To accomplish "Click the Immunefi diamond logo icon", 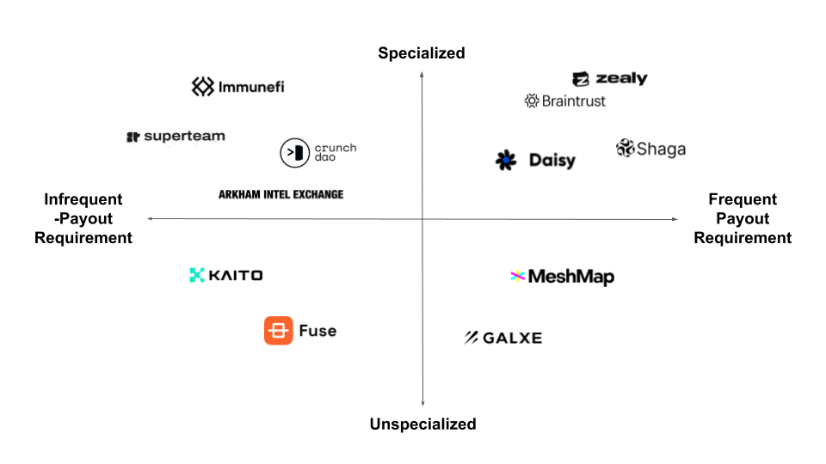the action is (203, 87).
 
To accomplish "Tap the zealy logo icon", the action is (581, 79).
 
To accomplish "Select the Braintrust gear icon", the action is (532, 101).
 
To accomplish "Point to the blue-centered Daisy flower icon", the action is (506, 160).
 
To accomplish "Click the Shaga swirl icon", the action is (625, 148).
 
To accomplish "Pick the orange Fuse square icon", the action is (279, 330).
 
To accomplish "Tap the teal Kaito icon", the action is (196, 275).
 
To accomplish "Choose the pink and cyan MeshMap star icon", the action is (518, 276).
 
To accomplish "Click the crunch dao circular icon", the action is (294, 153).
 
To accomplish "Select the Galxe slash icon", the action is (471, 338).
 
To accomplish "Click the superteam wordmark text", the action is (184, 137).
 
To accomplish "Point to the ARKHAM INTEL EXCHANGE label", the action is (280, 195).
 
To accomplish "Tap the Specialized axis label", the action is (422, 53).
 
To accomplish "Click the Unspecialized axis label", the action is (423, 424).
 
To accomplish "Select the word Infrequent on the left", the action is (83, 199).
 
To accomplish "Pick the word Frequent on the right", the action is (743, 199).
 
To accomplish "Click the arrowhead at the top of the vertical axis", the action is (422, 75).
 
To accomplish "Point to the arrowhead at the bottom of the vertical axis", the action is (423, 404).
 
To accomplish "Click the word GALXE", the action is (513, 338).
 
